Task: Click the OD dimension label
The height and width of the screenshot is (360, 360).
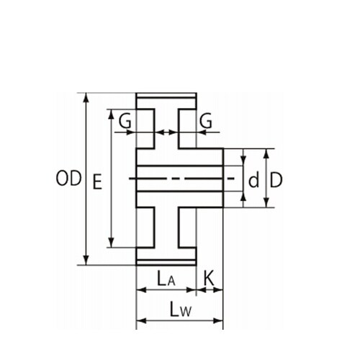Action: pos(68,178)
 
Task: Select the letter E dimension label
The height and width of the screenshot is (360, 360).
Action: pos(97,182)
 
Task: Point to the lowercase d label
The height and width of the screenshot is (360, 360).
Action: pos(254,179)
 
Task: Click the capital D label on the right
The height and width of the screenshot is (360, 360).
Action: pos(276,179)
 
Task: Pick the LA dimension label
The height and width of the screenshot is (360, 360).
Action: pos(166,279)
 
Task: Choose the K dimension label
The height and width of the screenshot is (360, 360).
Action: pos(209,278)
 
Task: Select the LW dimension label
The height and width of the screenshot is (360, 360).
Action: pos(181,309)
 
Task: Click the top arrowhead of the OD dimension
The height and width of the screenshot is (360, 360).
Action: pos(86,97)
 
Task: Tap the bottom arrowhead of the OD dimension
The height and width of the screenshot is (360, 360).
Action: pos(86,261)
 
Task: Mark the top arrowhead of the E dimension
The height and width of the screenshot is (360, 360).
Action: pos(111,114)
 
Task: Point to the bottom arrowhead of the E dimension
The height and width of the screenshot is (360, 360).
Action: pos(111,243)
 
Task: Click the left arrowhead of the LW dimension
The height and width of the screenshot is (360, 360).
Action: pos(141,320)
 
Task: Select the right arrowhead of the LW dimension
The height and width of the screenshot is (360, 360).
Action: pos(218,320)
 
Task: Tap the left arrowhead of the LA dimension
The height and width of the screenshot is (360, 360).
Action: pos(141,290)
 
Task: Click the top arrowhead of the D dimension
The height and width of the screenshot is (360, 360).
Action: pos(266,153)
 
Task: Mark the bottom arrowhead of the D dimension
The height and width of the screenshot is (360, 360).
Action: pos(266,202)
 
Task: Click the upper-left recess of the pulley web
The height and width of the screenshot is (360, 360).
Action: pos(145,129)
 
